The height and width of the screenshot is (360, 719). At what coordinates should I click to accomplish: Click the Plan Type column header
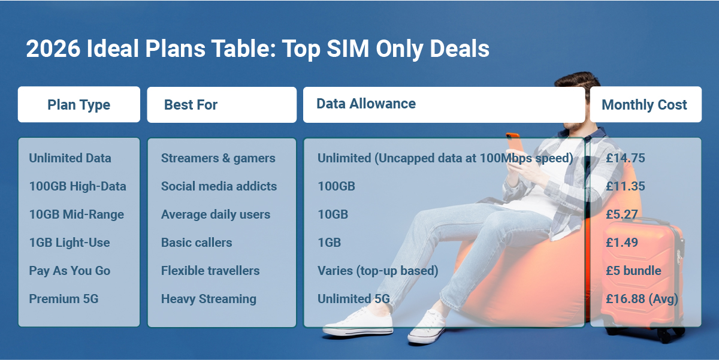pyautogui.click(x=78, y=105)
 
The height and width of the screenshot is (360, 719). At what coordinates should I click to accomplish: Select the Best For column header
pyautogui.click(x=191, y=105)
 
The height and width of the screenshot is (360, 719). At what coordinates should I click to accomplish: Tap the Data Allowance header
pyautogui.click(x=366, y=104)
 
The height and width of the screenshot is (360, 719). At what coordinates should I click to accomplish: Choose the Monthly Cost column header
pyautogui.click(x=644, y=105)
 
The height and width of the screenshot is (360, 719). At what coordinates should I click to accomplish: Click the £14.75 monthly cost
pyautogui.click(x=626, y=158)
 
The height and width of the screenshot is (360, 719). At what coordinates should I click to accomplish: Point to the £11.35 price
pyautogui.click(x=626, y=186)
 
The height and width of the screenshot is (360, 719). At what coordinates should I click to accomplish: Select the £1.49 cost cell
pyautogui.click(x=622, y=243)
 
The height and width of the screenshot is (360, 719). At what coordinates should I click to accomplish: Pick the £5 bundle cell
pyautogui.click(x=633, y=271)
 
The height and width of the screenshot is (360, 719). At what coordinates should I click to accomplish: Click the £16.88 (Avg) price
pyautogui.click(x=642, y=299)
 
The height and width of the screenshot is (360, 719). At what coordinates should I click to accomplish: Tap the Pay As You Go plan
pyautogui.click(x=70, y=271)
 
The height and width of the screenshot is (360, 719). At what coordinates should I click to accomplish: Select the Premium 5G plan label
pyautogui.click(x=64, y=299)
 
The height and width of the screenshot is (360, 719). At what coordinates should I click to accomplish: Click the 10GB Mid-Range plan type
pyautogui.click(x=76, y=214)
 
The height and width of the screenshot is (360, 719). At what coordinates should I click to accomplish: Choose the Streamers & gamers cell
pyautogui.click(x=218, y=158)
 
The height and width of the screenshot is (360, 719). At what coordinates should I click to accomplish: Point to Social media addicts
pyautogui.click(x=219, y=186)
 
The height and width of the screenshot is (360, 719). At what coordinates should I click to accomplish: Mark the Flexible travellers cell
pyautogui.click(x=210, y=271)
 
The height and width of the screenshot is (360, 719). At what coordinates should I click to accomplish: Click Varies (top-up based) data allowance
pyautogui.click(x=377, y=271)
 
